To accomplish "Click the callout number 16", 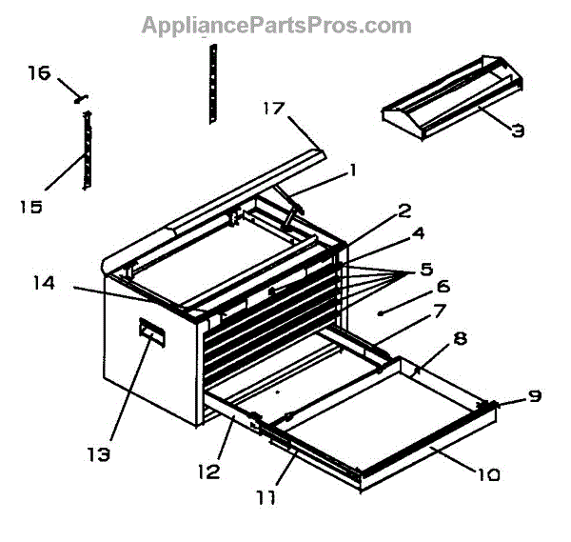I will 37,73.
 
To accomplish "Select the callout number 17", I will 272,109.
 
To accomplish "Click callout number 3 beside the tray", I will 518,131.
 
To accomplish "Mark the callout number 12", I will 209,470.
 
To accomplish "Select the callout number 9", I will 537,395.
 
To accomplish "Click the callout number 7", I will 439,311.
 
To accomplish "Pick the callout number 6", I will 442,286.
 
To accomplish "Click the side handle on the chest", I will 151,331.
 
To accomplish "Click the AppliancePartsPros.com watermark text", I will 276,25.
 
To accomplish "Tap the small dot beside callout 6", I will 380,312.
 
